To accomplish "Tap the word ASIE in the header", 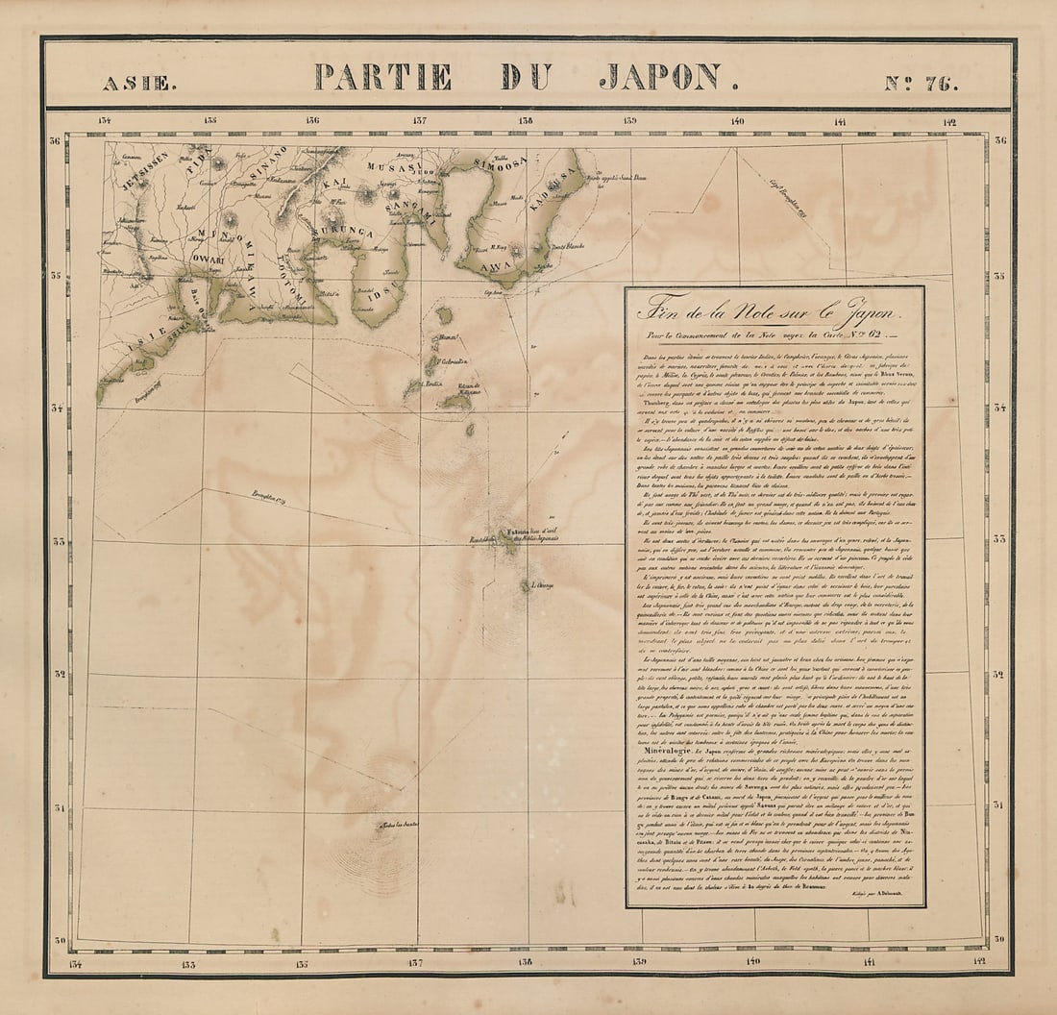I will point(139,84).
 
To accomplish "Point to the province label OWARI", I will point(206,260).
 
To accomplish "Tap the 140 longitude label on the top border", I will point(737,121).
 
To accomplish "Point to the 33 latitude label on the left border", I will point(58,539).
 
